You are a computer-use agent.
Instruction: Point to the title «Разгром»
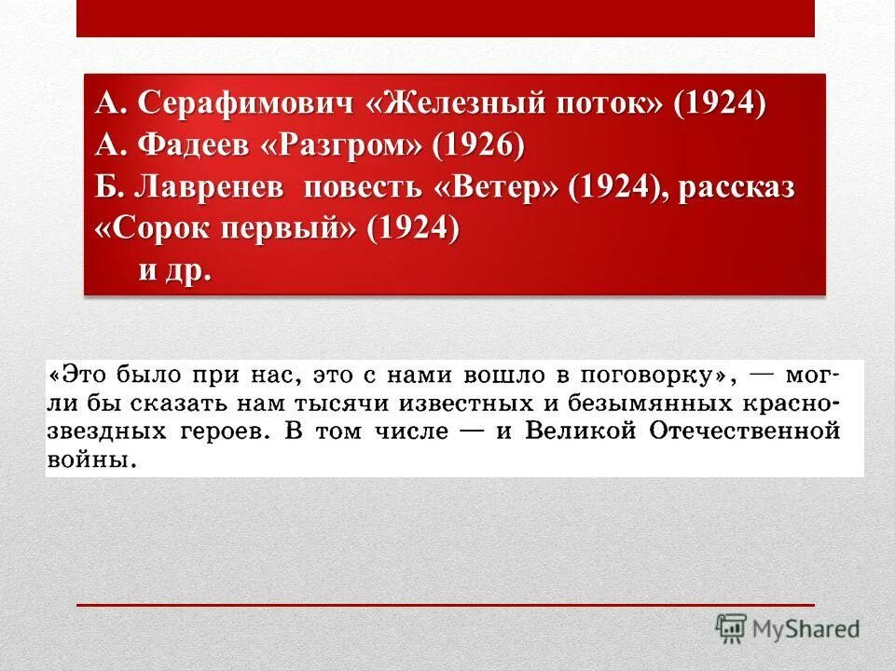click(x=345, y=145)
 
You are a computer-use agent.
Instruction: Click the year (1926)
click(x=478, y=145)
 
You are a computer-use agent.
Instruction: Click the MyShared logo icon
click(x=730, y=627)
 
